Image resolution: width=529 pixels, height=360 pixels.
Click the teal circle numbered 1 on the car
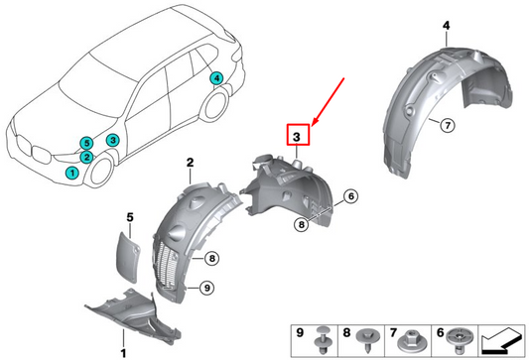click(x=71, y=173)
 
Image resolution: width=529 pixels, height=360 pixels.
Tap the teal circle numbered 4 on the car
click(x=216, y=78)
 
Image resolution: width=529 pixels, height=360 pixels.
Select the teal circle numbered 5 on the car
click(x=86, y=144)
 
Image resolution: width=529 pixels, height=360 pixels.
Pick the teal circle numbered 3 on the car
click(x=113, y=141)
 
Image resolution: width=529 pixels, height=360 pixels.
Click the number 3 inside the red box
click(x=299, y=136)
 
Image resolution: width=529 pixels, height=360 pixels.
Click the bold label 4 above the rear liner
click(x=418, y=23)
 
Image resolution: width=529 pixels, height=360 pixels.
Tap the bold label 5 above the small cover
click(x=128, y=216)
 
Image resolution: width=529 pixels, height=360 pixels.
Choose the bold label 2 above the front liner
click(x=188, y=162)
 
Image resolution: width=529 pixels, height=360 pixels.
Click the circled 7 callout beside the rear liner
click(x=447, y=124)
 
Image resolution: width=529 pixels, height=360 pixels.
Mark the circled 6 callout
click(x=351, y=197)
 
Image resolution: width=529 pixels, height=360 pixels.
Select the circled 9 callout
click(x=206, y=288)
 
